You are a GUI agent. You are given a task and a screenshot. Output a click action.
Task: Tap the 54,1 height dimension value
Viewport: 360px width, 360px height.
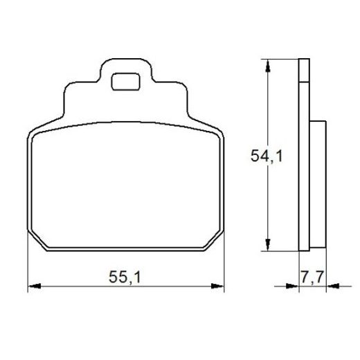pyautogui.click(x=267, y=156)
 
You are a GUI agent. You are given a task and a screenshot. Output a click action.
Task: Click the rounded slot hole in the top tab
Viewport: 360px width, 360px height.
pyautogui.click(x=125, y=80)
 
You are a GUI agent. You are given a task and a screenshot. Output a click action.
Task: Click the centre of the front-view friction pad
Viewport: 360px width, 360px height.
pyautogui.click(x=126, y=187)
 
